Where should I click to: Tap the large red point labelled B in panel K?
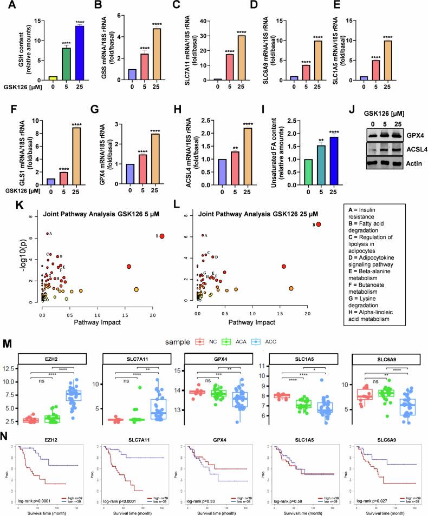click(x=161, y=236)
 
